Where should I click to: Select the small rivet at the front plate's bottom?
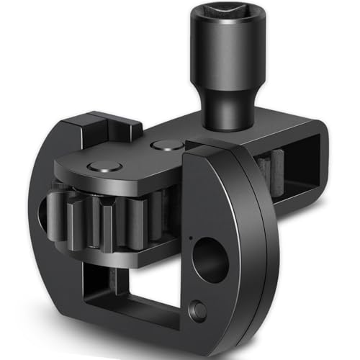pyautogui.click(x=199, y=312)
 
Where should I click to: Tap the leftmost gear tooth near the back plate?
pyautogui.click(x=55, y=209)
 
